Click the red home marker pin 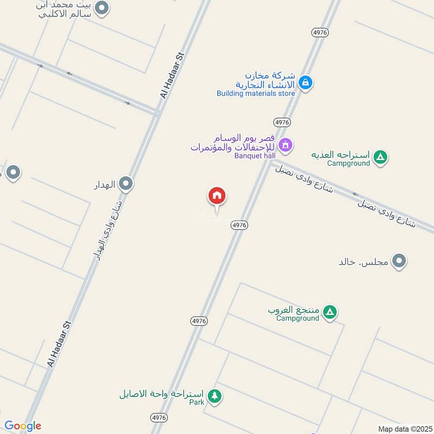point(217,196)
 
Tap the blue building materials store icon point(305,83)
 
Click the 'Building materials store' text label point(256,93)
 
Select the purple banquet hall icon point(286,145)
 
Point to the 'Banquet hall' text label point(255,156)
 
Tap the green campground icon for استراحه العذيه point(381,157)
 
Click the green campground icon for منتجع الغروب point(329,312)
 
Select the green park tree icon point(215,396)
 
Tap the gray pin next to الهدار point(126,184)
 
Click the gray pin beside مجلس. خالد point(400,261)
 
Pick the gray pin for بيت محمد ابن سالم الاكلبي point(101,8)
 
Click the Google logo point(23,426)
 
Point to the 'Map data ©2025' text point(404,429)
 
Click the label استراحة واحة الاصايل point(161,394)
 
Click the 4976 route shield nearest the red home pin point(239,225)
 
